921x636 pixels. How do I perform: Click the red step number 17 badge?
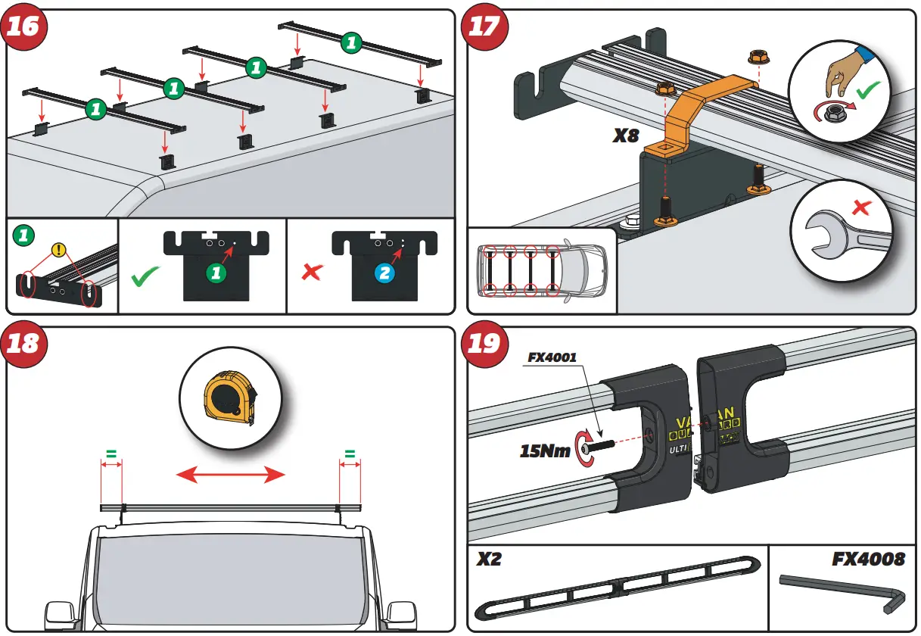click(x=484, y=27)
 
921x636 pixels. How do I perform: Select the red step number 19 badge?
click(x=484, y=344)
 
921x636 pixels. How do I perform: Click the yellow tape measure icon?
click(x=229, y=398)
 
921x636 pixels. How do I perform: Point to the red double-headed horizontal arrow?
click(x=230, y=475)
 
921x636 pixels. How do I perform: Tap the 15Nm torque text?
click(x=545, y=451)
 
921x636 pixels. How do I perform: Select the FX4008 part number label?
click(x=868, y=560)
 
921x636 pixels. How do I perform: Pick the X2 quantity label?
click(x=489, y=560)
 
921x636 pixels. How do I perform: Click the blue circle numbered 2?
click(x=385, y=273)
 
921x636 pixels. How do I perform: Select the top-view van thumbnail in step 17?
click(x=541, y=270)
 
